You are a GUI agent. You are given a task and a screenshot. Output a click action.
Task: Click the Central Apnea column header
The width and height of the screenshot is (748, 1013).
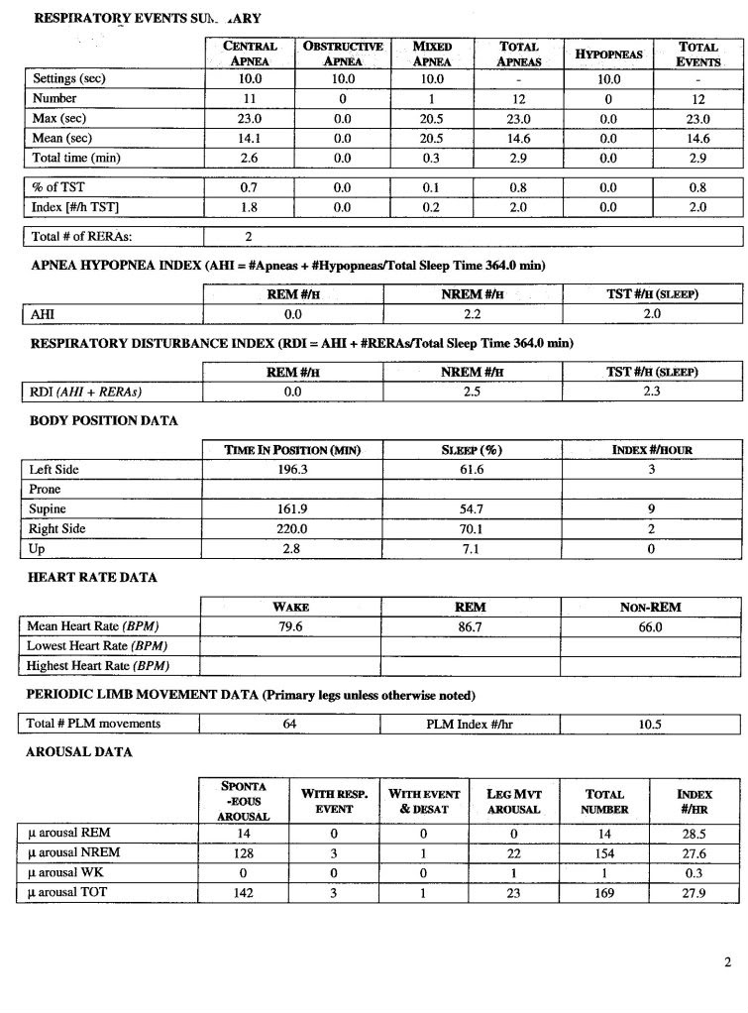click(x=250, y=54)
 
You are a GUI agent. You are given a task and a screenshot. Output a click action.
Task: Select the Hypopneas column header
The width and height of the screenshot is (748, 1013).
click(x=608, y=54)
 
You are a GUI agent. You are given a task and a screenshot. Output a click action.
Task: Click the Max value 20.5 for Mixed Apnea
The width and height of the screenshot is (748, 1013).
click(x=431, y=119)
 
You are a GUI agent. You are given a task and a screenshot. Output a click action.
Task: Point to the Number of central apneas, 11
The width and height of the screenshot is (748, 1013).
click(x=250, y=99)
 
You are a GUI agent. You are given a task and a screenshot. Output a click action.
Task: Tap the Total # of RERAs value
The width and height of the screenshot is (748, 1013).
click(x=250, y=238)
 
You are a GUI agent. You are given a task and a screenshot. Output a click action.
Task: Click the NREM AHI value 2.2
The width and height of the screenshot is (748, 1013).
click(x=472, y=314)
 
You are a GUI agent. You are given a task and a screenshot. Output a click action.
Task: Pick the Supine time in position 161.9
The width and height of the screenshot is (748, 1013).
click(x=291, y=508)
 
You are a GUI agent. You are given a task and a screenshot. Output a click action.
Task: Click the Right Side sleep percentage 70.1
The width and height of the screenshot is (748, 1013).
click(x=472, y=528)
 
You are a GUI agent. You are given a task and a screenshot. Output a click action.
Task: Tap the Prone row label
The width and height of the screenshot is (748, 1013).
click(x=45, y=489)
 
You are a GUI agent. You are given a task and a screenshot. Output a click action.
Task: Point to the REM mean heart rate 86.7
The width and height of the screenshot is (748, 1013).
click(x=472, y=626)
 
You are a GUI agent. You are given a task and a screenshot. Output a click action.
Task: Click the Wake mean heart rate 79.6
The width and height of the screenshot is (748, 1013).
click(x=291, y=626)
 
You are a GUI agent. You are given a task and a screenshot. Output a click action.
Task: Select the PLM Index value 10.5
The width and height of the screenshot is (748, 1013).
click(x=650, y=724)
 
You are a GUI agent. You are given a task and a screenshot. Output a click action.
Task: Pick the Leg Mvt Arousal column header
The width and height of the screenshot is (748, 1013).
click(x=513, y=802)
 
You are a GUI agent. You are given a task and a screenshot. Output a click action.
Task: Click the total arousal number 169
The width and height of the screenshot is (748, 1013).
click(x=604, y=893)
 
